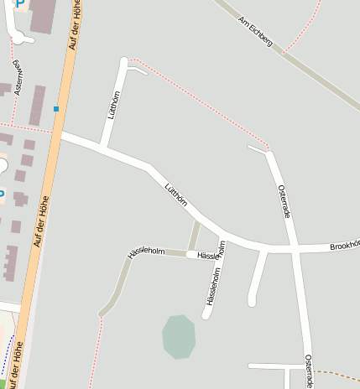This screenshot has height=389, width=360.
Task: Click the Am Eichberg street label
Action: pyautogui.click(x=256, y=31)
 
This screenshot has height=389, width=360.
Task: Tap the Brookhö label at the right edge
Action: pyautogui.click(x=344, y=245)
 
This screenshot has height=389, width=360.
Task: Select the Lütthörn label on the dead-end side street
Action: pyautogui.click(x=115, y=108)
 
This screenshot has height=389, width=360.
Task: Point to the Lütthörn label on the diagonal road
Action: pyautogui.click(x=175, y=194)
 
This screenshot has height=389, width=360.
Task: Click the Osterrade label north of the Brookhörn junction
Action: pyautogui.click(x=284, y=201)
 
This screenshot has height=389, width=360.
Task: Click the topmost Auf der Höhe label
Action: pyautogui.click(x=73, y=25)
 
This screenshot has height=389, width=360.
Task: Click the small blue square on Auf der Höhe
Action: pyautogui.click(x=56, y=109)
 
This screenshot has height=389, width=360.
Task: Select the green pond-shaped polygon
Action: pyautogui.click(x=179, y=337)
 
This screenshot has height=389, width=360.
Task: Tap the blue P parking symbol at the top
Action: pyautogui.click(x=18, y=4)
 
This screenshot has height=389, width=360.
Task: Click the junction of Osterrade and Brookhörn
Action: pyautogui.click(x=296, y=249)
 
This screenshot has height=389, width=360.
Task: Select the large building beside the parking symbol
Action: pyautogui.click(x=43, y=15)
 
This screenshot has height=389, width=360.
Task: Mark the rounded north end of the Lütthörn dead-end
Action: pyautogui.click(x=124, y=61)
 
